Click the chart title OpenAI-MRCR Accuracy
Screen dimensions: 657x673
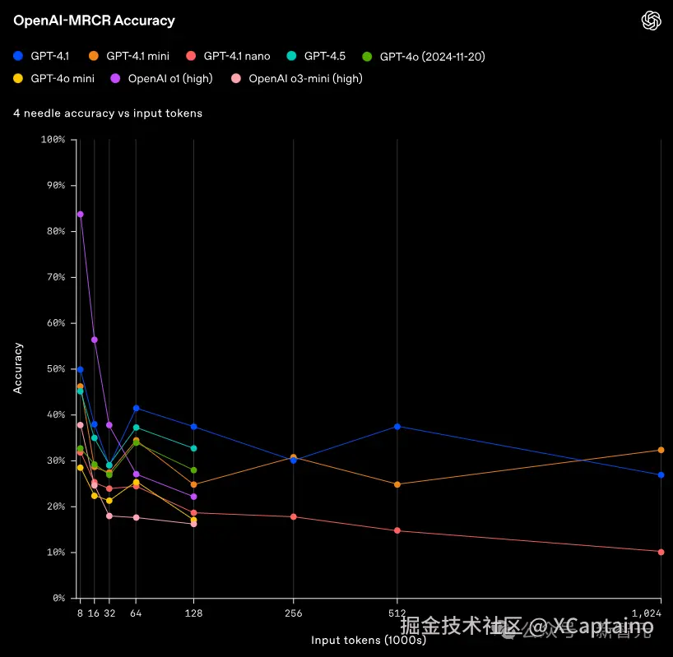click(94, 21)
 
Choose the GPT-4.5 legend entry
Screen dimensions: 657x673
click(317, 56)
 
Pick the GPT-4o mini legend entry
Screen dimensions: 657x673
click(54, 79)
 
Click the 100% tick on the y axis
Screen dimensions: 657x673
click(52, 140)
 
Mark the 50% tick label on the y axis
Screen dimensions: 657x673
click(54, 369)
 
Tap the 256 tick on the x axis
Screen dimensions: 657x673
click(294, 613)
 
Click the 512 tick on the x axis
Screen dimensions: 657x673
click(397, 613)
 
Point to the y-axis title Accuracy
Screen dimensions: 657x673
click(18, 368)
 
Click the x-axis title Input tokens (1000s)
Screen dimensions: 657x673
click(368, 639)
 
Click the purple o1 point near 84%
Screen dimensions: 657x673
click(80, 214)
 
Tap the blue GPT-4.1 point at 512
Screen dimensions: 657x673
click(397, 426)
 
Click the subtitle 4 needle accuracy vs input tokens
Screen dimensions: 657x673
click(108, 113)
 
